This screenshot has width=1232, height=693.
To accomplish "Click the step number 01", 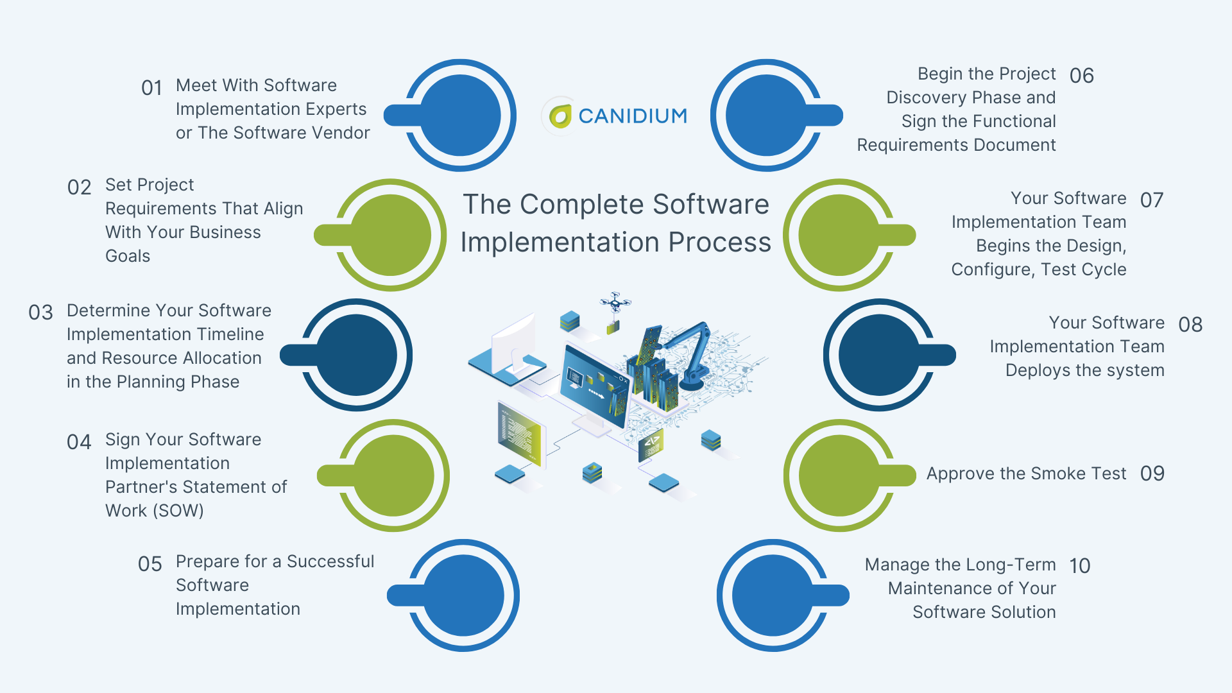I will click(x=151, y=88).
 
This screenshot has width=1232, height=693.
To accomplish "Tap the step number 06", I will click(x=1081, y=76).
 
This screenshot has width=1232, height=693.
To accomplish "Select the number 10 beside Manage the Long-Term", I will click(x=1079, y=566).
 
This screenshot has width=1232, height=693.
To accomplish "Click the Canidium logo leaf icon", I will click(x=560, y=116).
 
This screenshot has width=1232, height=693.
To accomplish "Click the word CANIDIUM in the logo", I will click(x=633, y=116).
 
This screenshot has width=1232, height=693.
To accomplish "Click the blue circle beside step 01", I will click(x=460, y=116).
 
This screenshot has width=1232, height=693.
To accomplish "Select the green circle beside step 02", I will click(x=391, y=235).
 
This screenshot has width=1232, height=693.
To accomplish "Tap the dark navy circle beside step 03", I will click(x=357, y=355).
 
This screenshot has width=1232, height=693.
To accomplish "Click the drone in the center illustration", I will click(x=615, y=302).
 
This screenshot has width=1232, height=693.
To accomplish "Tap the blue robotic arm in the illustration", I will click(x=693, y=353).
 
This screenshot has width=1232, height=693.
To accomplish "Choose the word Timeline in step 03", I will click(x=231, y=334).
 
